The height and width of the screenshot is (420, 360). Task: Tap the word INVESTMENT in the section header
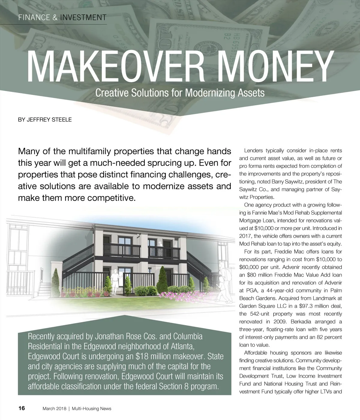(83, 17)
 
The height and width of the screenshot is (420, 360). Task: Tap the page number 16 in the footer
(22, 408)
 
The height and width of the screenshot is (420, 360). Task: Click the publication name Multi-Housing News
(91, 409)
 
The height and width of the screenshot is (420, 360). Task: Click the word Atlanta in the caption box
(179, 346)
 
